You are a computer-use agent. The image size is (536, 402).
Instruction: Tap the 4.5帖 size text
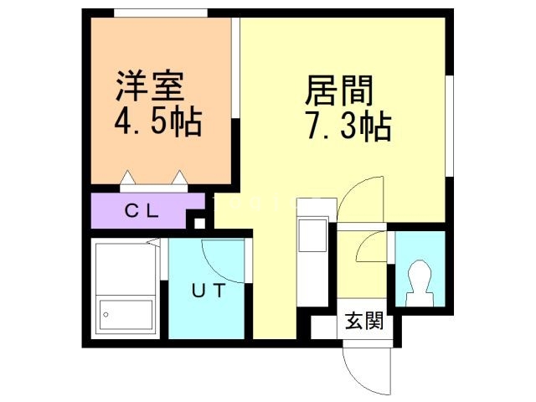click(157, 123)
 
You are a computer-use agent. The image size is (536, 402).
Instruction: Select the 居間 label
click(338, 88)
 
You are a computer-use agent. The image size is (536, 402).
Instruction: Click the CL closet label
click(142, 210)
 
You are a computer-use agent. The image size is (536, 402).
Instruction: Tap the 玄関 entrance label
click(363, 321)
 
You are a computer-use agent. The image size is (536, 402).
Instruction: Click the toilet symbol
click(419, 281)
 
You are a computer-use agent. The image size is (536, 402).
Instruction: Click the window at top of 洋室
click(160, 13)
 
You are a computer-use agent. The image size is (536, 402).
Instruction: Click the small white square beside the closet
click(198, 223)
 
